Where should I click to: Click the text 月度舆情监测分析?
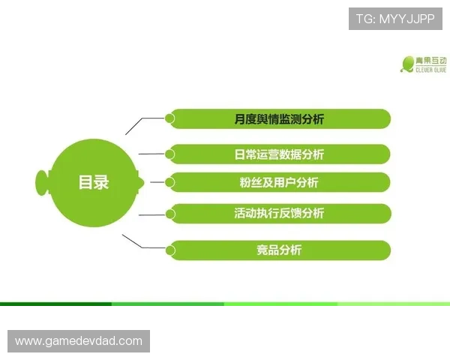click(279, 119)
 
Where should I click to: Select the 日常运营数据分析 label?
click(279, 154)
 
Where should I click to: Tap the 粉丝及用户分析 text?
click(279, 183)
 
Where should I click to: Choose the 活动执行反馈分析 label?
click(279, 214)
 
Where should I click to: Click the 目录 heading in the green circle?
click(94, 182)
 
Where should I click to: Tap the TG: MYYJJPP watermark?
click(395, 17)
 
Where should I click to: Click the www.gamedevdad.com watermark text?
click(78, 341)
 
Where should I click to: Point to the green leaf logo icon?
click(408, 64)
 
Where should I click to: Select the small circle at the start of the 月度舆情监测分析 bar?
click(169, 118)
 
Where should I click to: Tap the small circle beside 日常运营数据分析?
click(169, 154)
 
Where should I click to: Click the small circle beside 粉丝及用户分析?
click(169, 182)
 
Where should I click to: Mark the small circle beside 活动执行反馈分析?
click(169, 214)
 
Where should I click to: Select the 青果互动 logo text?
click(432, 60)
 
